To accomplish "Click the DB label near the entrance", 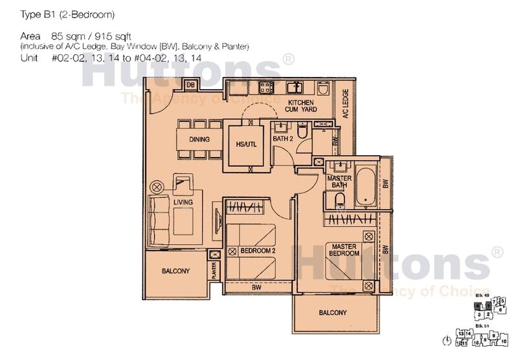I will tap(191, 85).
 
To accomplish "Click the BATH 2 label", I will tap(283, 138).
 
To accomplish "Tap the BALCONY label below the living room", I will tap(175, 272).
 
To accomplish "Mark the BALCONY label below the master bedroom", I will tap(333, 313).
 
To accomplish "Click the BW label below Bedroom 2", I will tap(256, 287).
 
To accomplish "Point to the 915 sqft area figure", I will tap(118, 37).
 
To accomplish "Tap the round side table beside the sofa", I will tap(155, 187).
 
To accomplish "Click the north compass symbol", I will tap(446, 340).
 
